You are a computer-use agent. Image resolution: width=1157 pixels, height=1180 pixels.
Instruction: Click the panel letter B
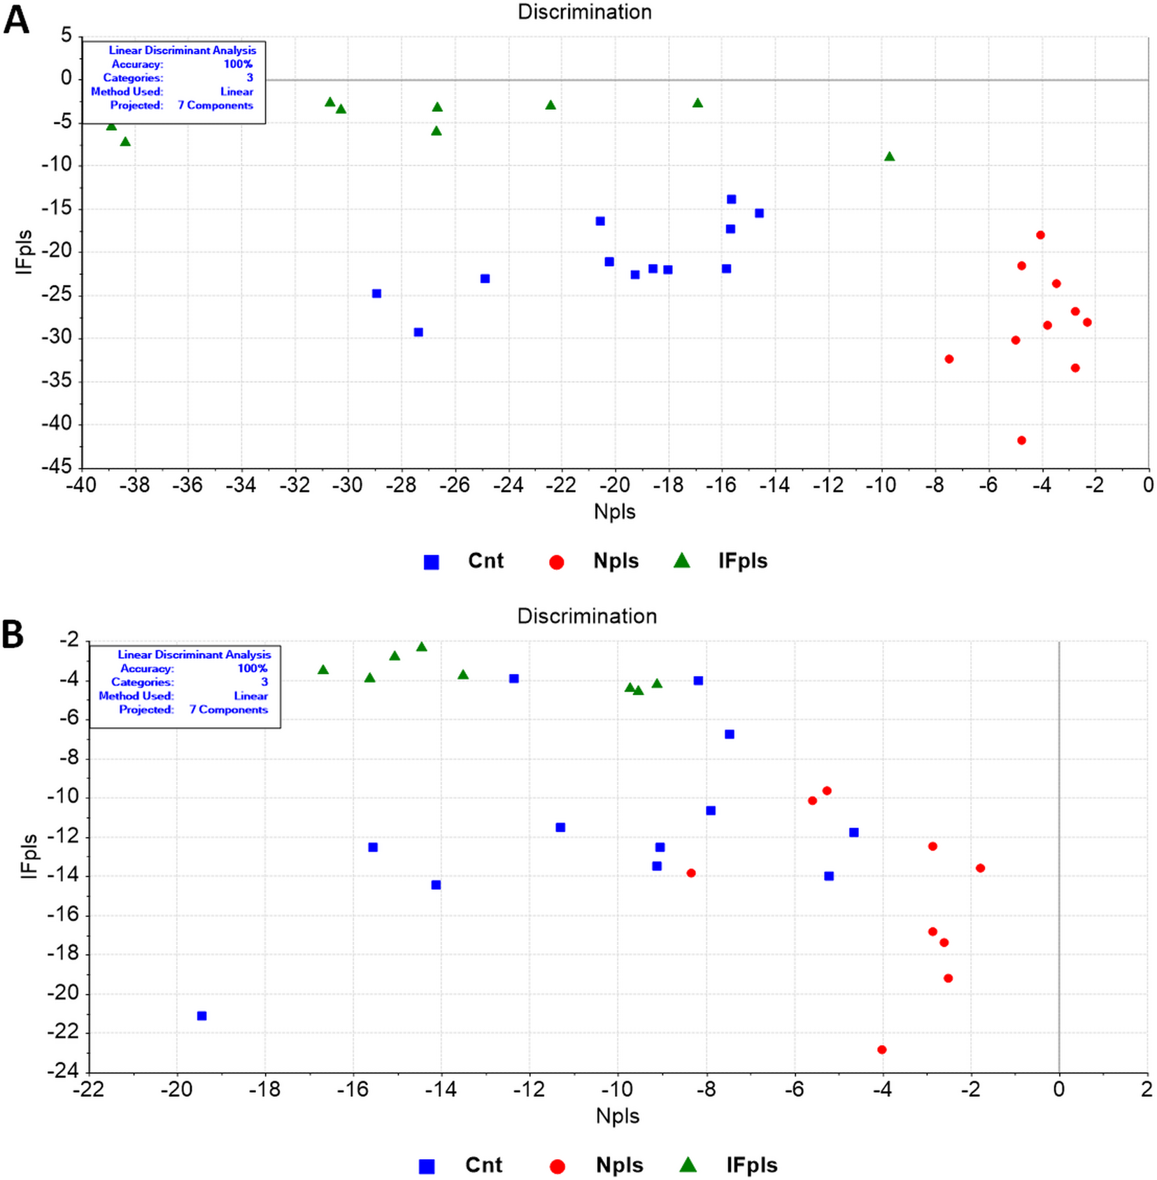pyautogui.click(x=13, y=635)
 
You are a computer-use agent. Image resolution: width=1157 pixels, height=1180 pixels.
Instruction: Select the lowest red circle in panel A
pyautogui.click(x=1021, y=440)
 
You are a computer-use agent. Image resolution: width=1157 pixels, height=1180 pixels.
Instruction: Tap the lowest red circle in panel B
pyautogui.click(x=881, y=1050)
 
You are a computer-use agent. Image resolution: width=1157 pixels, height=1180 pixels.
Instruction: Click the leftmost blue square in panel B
pyautogui.click(x=202, y=1016)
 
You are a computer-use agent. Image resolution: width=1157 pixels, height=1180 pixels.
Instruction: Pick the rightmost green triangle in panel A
pyautogui.click(x=889, y=157)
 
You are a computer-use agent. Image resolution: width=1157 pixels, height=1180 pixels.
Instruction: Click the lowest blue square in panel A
pyautogui.click(x=418, y=332)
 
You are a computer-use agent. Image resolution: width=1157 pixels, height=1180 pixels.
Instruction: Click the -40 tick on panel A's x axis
pyautogui.click(x=81, y=485)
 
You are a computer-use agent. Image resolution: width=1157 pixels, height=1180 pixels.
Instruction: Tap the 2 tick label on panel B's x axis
pyautogui.click(x=1147, y=1089)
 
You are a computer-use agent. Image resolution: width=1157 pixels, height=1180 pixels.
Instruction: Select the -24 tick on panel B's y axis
pyautogui.click(x=63, y=1071)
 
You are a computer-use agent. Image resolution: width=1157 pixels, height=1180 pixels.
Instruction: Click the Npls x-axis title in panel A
pyautogui.click(x=614, y=512)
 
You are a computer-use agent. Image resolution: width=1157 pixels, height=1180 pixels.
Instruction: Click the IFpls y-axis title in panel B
pyautogui.click(x=29, y=856)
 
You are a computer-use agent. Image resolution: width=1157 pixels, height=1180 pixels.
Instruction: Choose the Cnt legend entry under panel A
pyautogui.click(x=485, y=561)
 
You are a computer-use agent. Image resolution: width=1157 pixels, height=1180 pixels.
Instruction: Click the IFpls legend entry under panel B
pyautogui.click(x=751, y=1165)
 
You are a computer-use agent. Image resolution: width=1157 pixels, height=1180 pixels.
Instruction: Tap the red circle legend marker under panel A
pyautogui.click(x=557, y=562)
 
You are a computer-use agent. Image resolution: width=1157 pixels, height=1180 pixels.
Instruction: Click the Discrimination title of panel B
pyautogui.click(x=586, y=616)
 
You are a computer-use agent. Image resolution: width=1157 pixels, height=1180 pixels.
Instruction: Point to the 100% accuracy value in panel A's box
pyautogui.click(x=238, y=64)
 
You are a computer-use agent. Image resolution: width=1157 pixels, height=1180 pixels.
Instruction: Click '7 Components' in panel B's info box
pyautogui.click(x=228, y=710)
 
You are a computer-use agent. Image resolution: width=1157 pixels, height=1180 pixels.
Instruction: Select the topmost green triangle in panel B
pyautogui.click(x=422, y=647)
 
